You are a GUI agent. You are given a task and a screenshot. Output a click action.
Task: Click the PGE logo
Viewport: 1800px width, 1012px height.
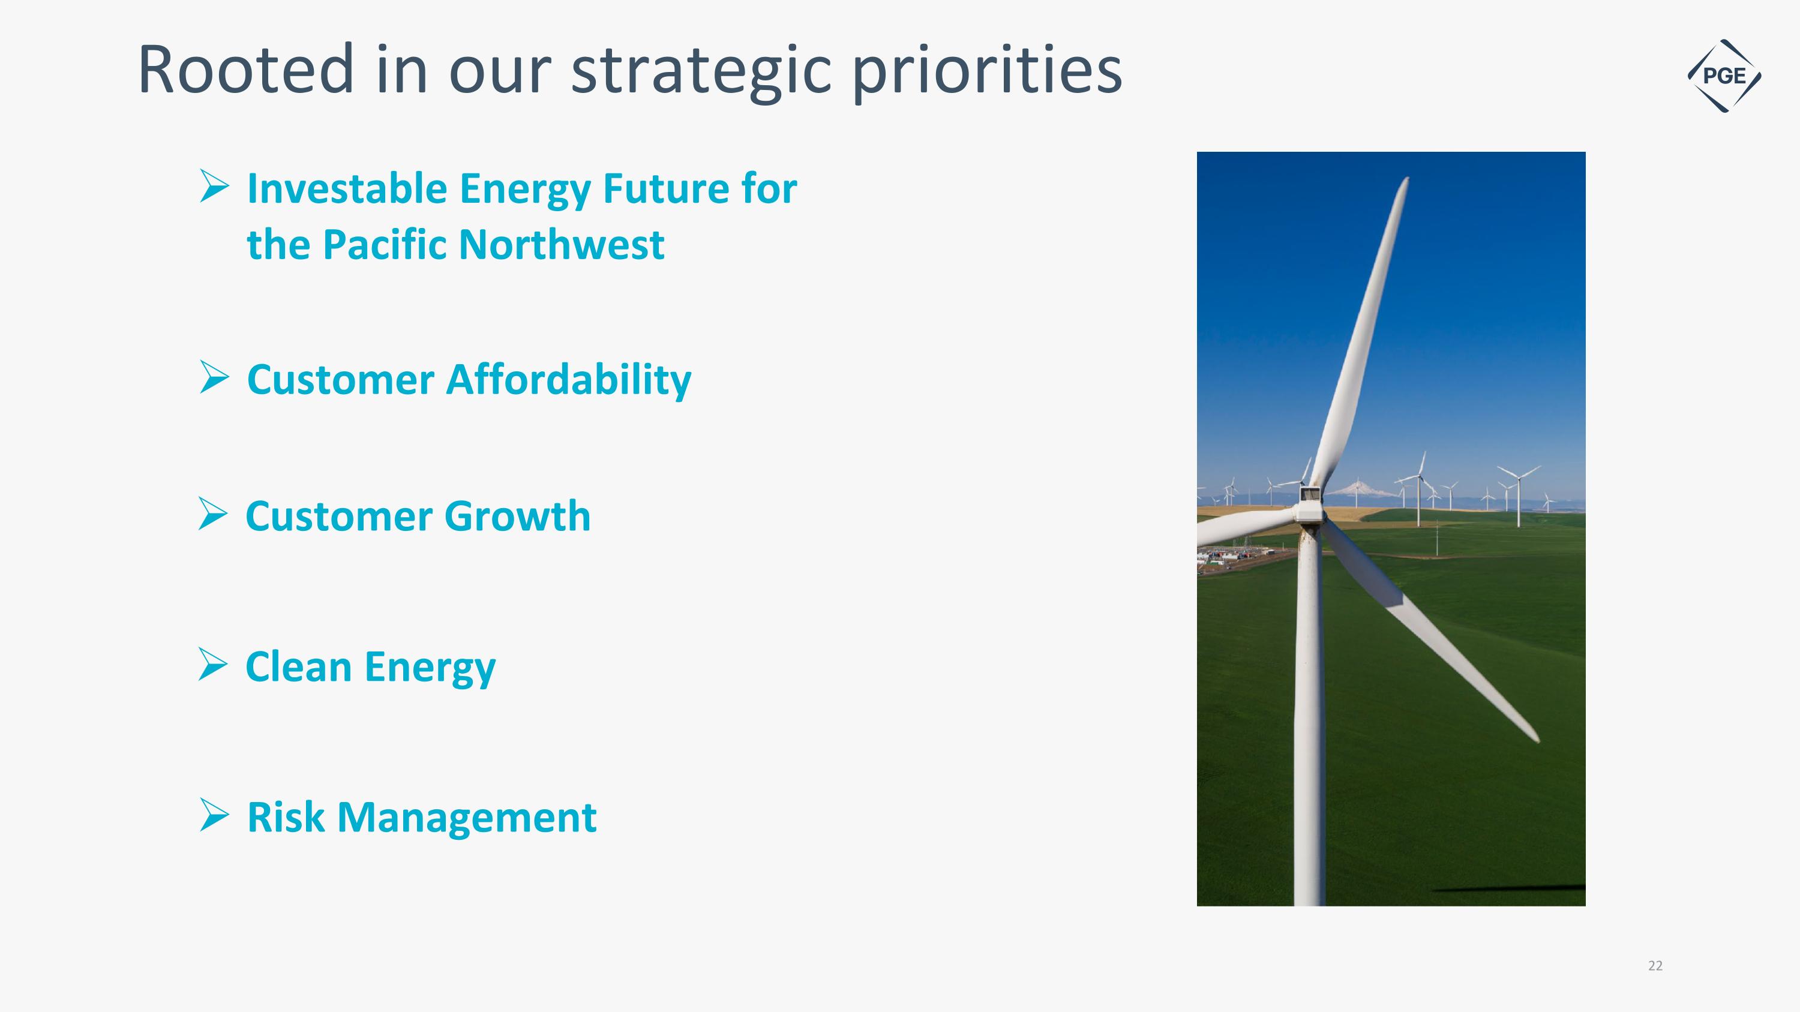click(1724, 76)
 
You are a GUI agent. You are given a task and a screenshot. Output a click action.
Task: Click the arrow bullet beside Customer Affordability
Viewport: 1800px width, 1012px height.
click(214, 377)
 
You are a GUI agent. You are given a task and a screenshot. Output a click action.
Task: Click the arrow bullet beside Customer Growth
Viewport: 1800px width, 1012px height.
click(212, 513)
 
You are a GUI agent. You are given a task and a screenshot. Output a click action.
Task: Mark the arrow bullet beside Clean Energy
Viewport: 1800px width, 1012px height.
click(212, 663)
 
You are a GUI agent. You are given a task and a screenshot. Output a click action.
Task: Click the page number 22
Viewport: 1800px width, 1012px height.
click(1655, 966)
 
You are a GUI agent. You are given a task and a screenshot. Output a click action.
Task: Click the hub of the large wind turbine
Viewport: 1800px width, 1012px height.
click(1309, 505)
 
